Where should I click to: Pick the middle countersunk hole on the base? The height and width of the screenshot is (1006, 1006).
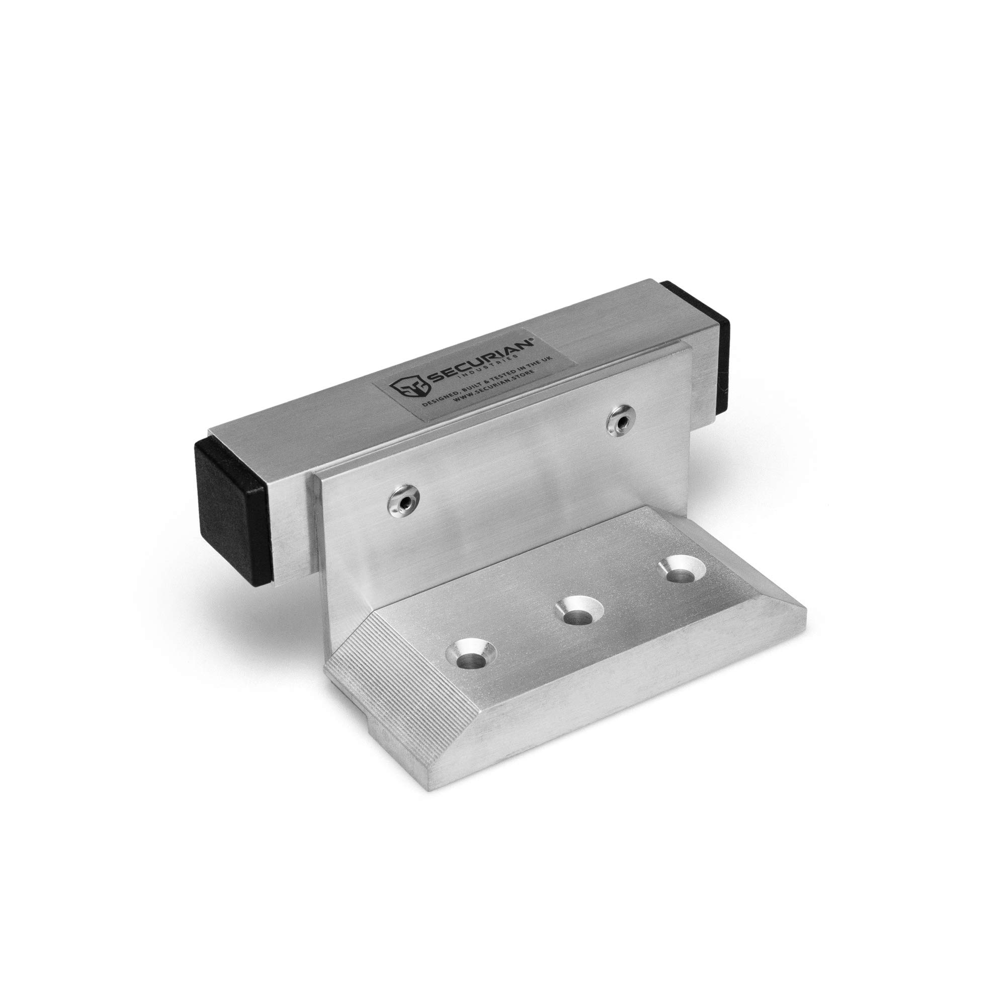click(578, 613)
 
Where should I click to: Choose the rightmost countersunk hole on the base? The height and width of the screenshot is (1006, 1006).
click(681, 571)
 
